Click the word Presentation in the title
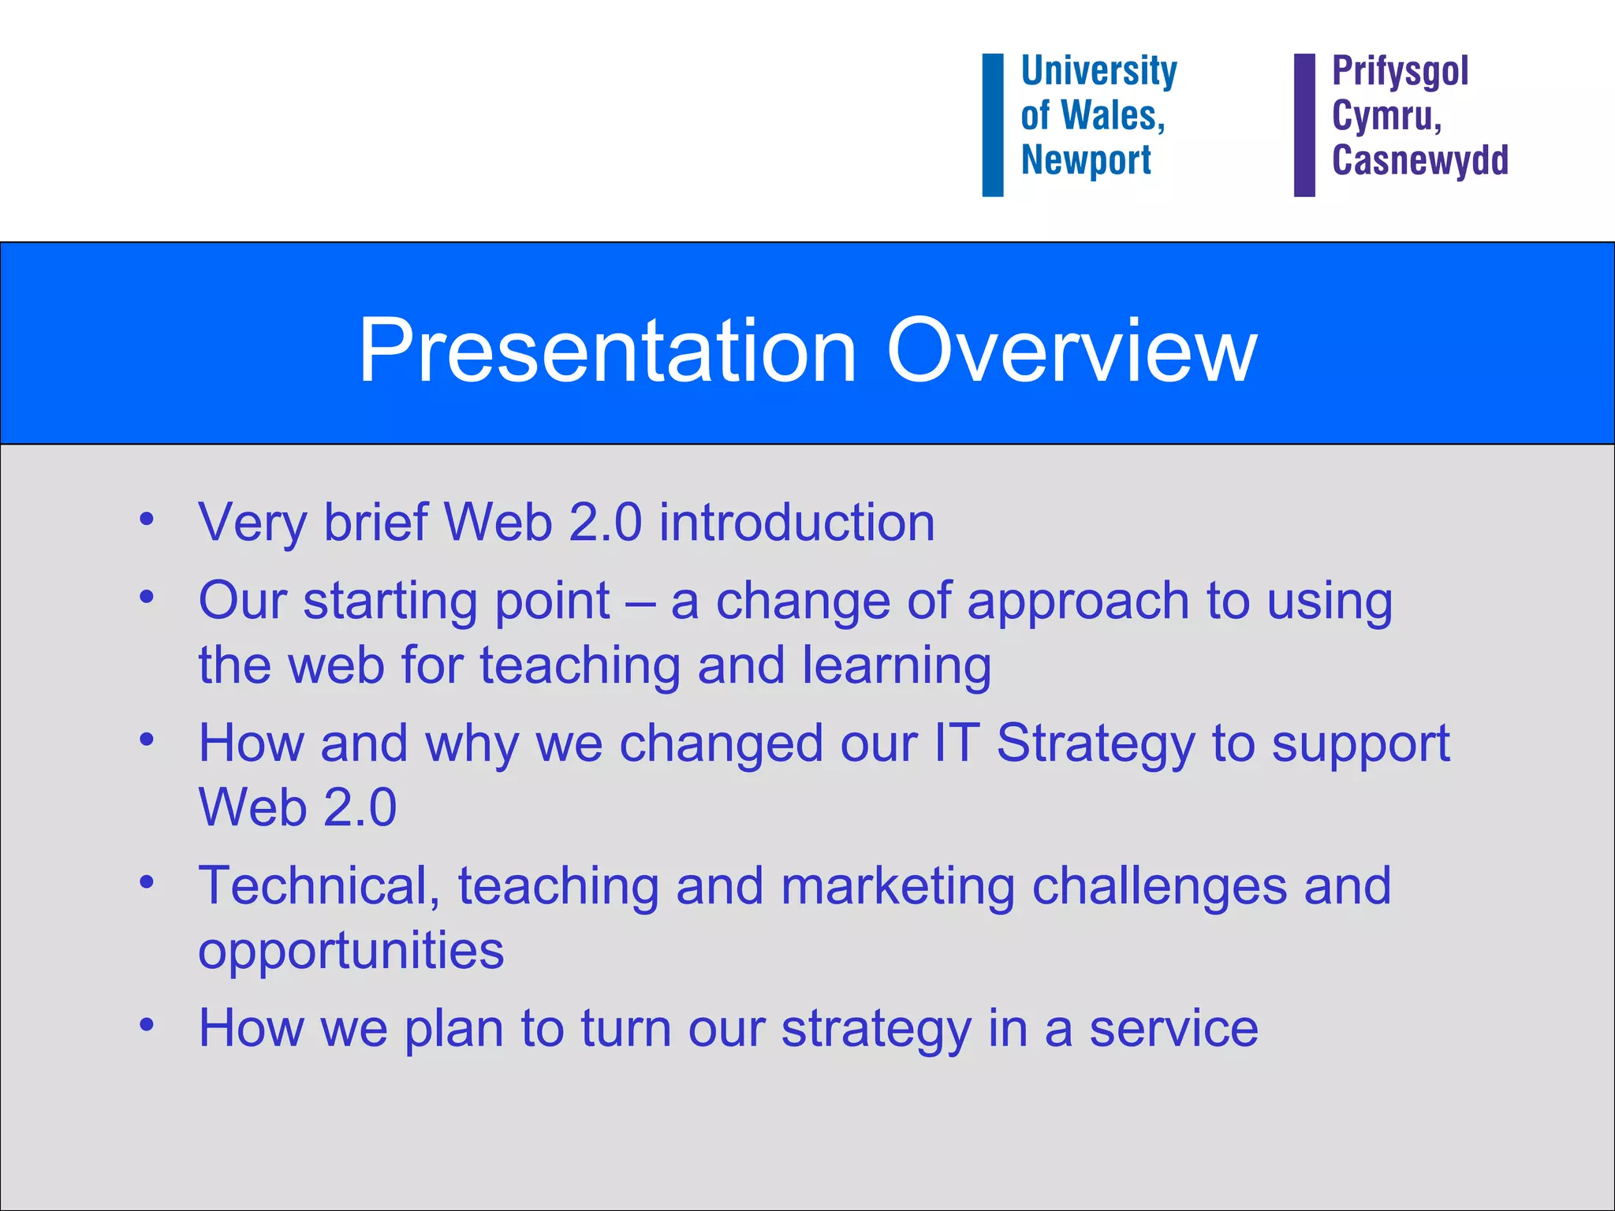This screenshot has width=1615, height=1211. point(607,351)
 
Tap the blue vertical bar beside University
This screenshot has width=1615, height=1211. point(992,125)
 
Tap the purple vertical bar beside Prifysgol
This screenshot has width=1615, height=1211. point(1304,125)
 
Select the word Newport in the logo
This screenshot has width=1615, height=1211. point(1086,161)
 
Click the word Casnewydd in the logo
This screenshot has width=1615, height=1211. point(1419,160)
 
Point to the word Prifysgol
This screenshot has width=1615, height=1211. point(1400,72)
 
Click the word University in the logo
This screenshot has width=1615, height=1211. point(1098,72)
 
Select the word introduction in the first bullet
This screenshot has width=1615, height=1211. point(796,523)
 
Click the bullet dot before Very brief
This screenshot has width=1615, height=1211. point(147,520)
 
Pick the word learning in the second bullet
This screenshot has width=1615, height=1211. point(897,665)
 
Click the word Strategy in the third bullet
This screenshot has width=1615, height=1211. point(1095,744)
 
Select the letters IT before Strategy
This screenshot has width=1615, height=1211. point(957,743)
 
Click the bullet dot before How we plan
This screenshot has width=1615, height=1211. point(147,1025)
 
